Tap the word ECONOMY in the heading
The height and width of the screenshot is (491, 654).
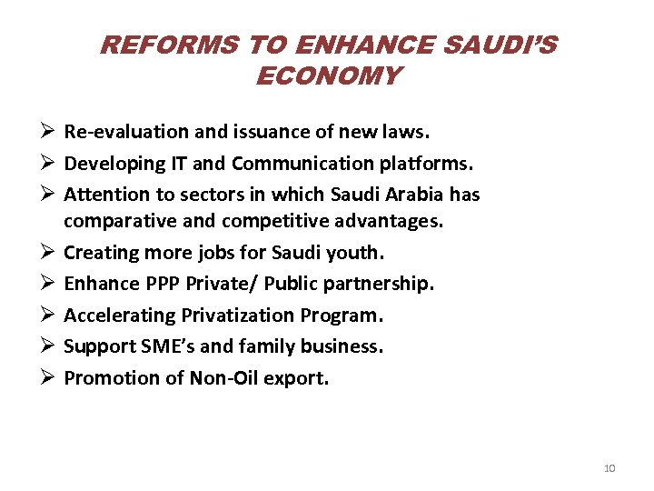click(x=327, y=75)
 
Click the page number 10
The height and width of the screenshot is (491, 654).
click(x=609, y=468)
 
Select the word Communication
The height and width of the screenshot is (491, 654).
click(x=292, y=164)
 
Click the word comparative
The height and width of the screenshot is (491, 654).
click(x=115, y=221)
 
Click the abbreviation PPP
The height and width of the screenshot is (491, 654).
click(x=163, y=284)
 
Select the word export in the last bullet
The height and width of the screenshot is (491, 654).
click(x=296, y=378)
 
